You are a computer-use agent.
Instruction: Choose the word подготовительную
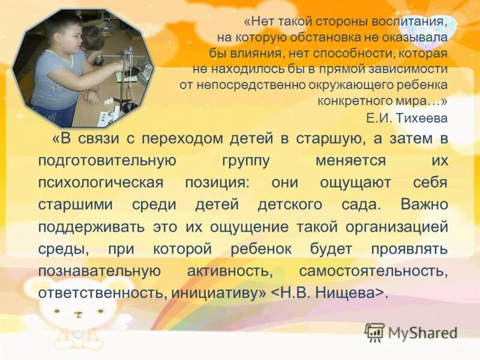pos(107,161)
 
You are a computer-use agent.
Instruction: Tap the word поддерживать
pos(91,227)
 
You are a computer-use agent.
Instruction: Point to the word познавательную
pos(99,271)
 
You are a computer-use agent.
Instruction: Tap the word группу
pos(246,161)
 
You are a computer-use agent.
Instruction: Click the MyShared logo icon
pos(374,332)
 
